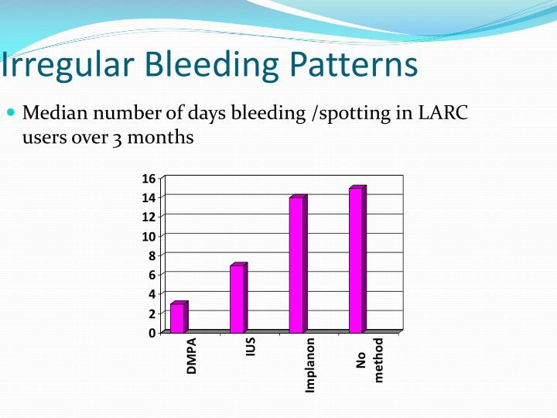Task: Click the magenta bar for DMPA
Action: pyautogui.click(x=178, y=317)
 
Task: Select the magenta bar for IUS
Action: pyautogui.click(x=237, y=298)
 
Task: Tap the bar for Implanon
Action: pyautogui.click(x=297, y=264)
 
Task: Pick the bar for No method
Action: pyautogui.click(x=357, y=259)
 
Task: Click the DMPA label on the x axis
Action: pyautogui.click(x=192, y=356)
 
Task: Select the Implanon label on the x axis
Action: pyautogui.click(x=310, y=365)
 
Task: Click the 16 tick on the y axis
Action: pyautogui.click(x=148, y=179)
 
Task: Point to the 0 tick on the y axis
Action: pyautogui.click(x=152, y=333)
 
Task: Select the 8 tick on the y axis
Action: pyautogui.click(x=152, y=256)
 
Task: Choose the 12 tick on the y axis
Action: pyautogui.click(x=148, y=218)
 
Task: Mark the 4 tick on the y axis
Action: pyautogui.click(x=152, y=294)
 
